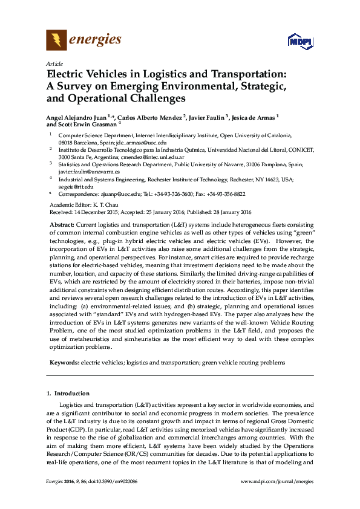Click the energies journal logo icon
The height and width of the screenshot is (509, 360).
(56, 40)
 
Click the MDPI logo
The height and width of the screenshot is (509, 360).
(301, 42)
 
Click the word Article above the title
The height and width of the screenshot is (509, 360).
(54, 63)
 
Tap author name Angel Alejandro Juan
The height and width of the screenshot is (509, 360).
(76, 117)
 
